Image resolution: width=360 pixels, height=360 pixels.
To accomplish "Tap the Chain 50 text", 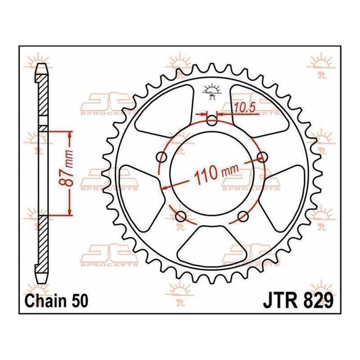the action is pyautogui.click(x=57, y=301).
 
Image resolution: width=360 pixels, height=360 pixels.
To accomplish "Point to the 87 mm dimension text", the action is pyautogui.click(x=67, y=168).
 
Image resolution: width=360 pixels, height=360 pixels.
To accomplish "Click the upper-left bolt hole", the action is pyautogui.click(x=162, y=157).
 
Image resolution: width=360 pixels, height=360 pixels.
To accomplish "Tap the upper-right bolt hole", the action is pyautogui.click(x=262, y=157).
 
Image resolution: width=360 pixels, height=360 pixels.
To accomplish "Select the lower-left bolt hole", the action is pyautogui.click(x=181, y=216).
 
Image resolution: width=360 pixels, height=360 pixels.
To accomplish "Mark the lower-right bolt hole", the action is pyautogui.click(x=243, y=216).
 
